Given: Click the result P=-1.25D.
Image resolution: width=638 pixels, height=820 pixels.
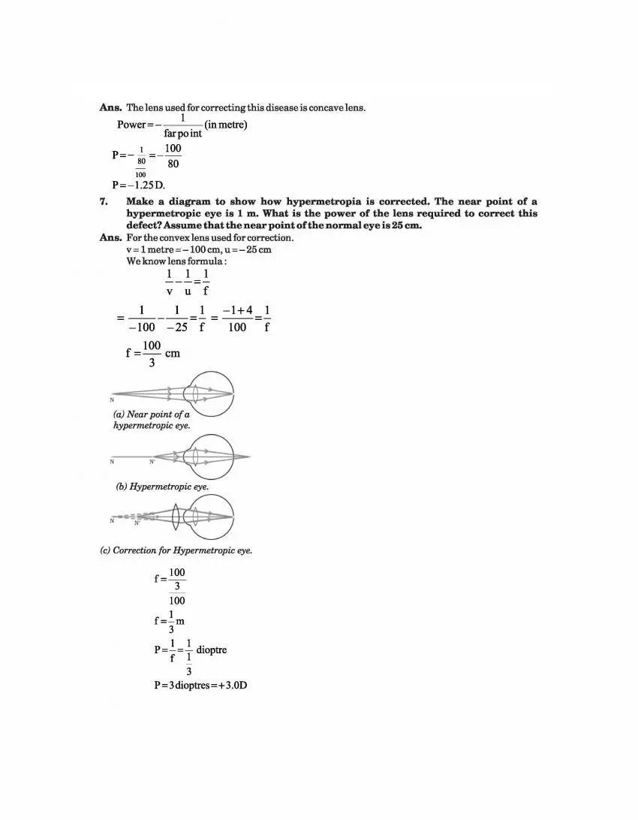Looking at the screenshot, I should pyautogui.click(x=139, y=185).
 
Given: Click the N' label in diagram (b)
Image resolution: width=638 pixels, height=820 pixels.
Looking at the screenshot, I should pyautogui.click(x=152, y=462).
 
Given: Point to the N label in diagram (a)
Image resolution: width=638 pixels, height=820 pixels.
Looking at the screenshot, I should pyautogui.click(x=112, y=399).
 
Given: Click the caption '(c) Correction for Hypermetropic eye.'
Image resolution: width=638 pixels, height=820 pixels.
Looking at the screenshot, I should pyautogui.click(x=176, y=550).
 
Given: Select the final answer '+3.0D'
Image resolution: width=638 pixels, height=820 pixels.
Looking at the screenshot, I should pyautogui.click(x=232, y=686).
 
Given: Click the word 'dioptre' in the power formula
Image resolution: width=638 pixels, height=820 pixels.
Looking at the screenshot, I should pyautogui.click(x=211, y=650).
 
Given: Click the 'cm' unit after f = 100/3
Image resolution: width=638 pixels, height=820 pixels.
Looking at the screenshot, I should pyautogui.click(x=173, y=353).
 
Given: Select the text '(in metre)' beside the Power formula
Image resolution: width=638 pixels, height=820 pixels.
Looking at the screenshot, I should pyautogui.click(x=226, y=124).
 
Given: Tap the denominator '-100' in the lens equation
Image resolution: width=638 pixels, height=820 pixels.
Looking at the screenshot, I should pyautogui.click(x=141, y=327).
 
